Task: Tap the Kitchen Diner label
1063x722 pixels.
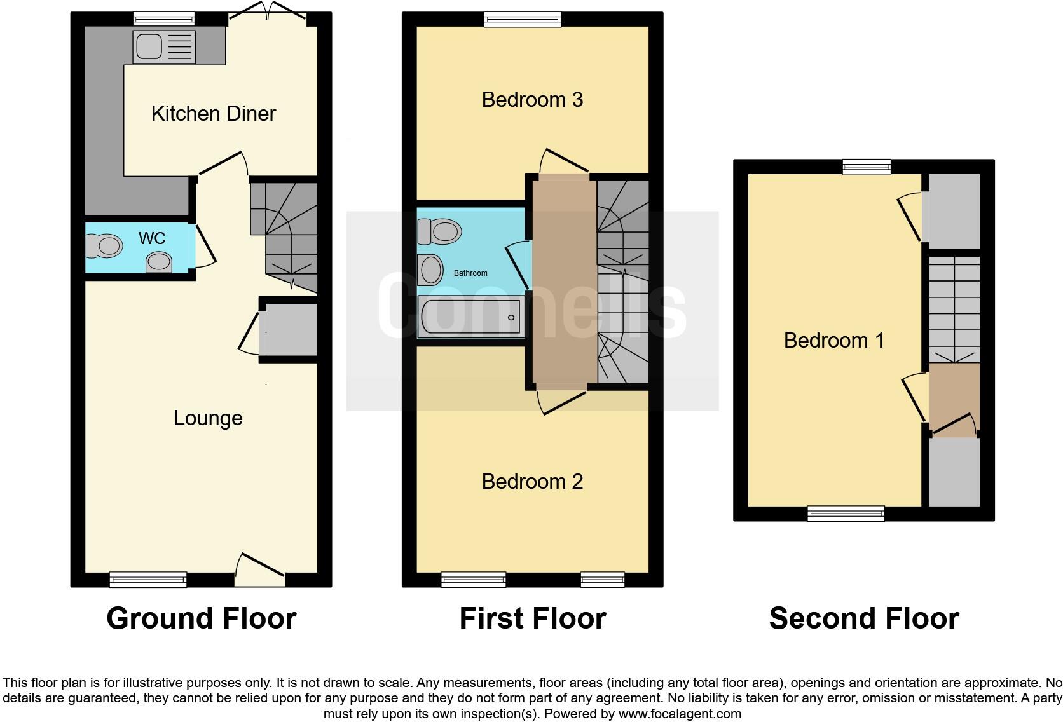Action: pos(214,114)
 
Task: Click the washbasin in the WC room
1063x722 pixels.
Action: pos(159,262)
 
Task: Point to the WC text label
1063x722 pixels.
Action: pos(152,238)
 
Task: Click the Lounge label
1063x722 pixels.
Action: pos(208,418)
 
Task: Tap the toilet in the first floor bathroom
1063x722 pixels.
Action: pos(439,231)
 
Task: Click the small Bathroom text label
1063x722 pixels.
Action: pos(470,273)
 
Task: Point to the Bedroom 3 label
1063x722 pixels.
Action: pos(532,100)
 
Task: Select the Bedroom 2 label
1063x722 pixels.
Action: pos(532,482)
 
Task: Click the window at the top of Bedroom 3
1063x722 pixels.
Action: pos(523,20)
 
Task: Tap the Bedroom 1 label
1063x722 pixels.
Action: pos(833,341)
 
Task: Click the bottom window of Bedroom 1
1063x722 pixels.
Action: pos(846,513)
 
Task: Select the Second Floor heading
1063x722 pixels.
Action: pos(863,618)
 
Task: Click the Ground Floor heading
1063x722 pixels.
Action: pos(201,618)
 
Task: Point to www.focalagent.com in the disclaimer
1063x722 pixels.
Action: pos(679,714)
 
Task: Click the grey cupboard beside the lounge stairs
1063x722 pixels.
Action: pos(288,330)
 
